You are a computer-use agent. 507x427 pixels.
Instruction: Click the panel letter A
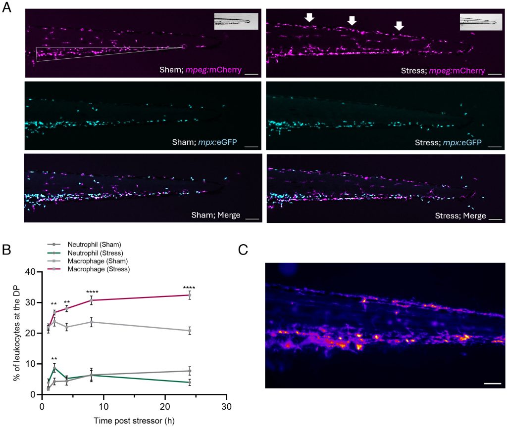click(x=8, y=9)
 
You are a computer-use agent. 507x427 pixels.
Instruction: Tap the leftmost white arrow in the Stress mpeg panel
click(x=309, y=17)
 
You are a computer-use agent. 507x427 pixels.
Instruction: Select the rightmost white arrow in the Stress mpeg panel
click(x=399, y=25)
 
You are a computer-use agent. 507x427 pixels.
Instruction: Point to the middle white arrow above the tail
click(x=352, y=20)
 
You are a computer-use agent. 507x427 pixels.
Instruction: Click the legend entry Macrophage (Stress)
click(x=104, y=269)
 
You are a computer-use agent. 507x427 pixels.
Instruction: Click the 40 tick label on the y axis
click(x=31, y=271)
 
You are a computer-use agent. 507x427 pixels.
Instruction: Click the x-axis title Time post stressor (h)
click(x=133, y=420)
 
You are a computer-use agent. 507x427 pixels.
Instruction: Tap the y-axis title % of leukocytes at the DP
click(x=16, y=333)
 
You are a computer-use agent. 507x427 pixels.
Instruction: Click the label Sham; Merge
click(x=217, y=215)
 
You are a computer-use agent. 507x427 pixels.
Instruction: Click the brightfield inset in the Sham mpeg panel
click(x=236, y=22)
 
